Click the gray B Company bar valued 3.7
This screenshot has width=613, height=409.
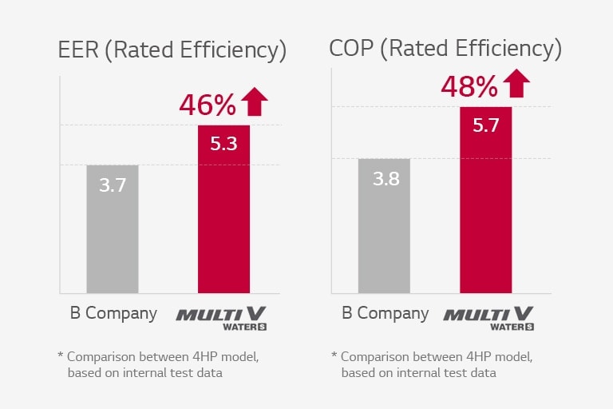click(x=112, y=229)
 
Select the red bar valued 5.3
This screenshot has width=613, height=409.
click(x=223, y=209)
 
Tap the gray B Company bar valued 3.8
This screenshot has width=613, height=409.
click(x=384, y=226)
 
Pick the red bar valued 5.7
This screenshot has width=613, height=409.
click(x=485, y=200)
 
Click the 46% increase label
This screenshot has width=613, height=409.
click(x=208, y=105)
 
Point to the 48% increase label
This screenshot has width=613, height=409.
click(x=469, y=85)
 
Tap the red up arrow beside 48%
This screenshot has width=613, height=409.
click(x=516, y=84)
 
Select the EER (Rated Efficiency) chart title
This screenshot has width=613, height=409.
click(x=172, y=50)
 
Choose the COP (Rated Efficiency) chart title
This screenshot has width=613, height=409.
click(x=445, y=49)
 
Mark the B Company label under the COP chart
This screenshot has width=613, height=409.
click(x=386, y=313)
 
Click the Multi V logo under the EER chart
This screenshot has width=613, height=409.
click(x=221, y=316)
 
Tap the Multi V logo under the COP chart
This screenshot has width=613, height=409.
click(x=488, y=316)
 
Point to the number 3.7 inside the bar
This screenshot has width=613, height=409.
click(x=113, y=186)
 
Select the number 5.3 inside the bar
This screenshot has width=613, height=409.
click(x=223, y=145)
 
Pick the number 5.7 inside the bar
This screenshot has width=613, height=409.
click(x=485, y=126)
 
